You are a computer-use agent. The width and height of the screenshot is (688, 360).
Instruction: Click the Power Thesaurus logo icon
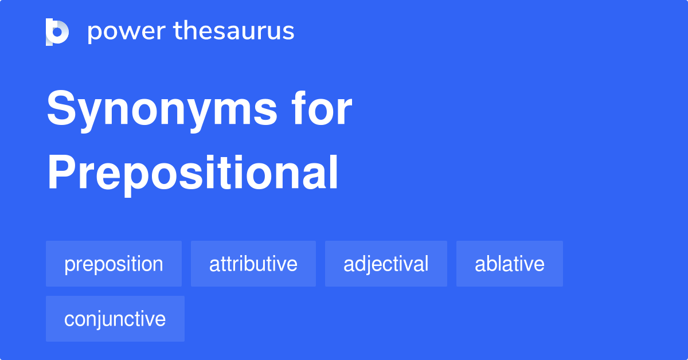pyautogui.click(x=57, y=32)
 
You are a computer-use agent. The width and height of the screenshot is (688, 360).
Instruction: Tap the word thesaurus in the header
pyautogui.click(x=234, y=32)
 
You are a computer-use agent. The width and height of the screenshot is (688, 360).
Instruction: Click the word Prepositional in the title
pyautogui.click(x=193, y=174)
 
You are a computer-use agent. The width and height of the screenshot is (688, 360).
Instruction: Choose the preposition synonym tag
pyautogui.click(x=114, y=264)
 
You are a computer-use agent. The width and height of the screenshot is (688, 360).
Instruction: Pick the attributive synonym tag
pyautogui.click(x=253, y=264)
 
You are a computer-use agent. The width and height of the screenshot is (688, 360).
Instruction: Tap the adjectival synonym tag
pyautogui.click(x=386, y=264)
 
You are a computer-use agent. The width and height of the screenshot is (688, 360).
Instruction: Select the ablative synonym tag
pyautogui.click(x=509, y=264)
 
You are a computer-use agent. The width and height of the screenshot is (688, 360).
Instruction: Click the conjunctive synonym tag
pyautogui.click(x=115, y=319)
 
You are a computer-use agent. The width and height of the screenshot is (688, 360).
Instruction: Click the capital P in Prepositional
pyautogui.click(x=60, y=173)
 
